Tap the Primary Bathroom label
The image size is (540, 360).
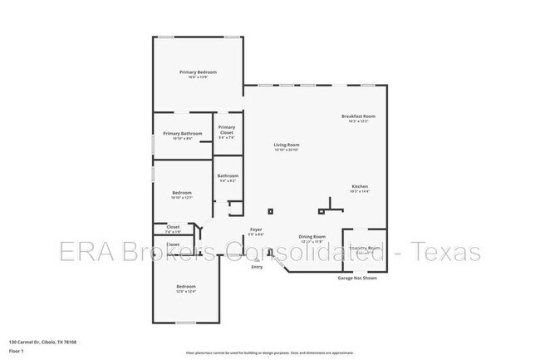[x=183, y=134]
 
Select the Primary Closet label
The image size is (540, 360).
[x=227, y=131]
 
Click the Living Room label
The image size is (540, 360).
[x=287, y=145]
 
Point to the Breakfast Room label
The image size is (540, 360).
[x=358, y=116]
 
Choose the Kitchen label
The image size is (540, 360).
[x=360, y=186]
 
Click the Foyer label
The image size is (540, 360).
[x=257, y=229]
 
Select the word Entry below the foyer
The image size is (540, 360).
[x=257, y=266]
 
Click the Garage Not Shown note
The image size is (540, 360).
[x=357, y=278]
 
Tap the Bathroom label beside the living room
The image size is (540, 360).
[x=228, y=176]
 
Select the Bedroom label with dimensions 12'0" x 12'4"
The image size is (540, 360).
[x=186, y=288]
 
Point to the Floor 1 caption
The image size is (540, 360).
[x=16, y=352]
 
